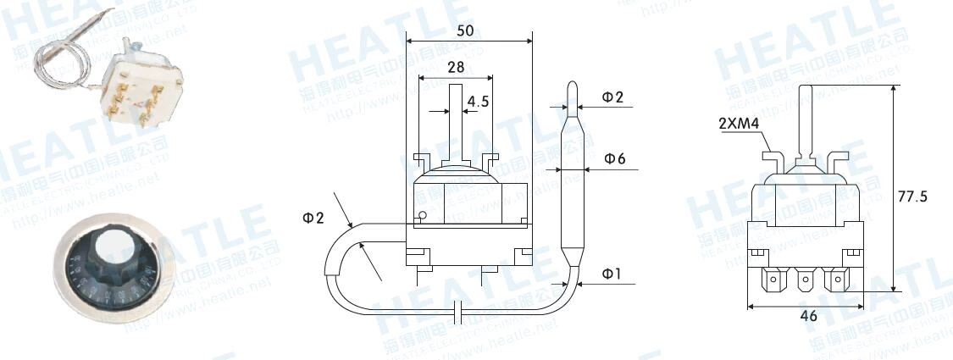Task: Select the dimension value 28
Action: point(457,67)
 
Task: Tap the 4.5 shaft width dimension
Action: point(478,100)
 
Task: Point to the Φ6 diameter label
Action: point(614,158)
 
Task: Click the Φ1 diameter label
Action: point(612,273)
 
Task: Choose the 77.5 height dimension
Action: point(912,197)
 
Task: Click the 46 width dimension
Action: point(808,316)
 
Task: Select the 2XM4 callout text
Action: point(738,124)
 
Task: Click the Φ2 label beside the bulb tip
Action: point(612,97)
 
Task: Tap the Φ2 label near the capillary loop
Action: point(313,218)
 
